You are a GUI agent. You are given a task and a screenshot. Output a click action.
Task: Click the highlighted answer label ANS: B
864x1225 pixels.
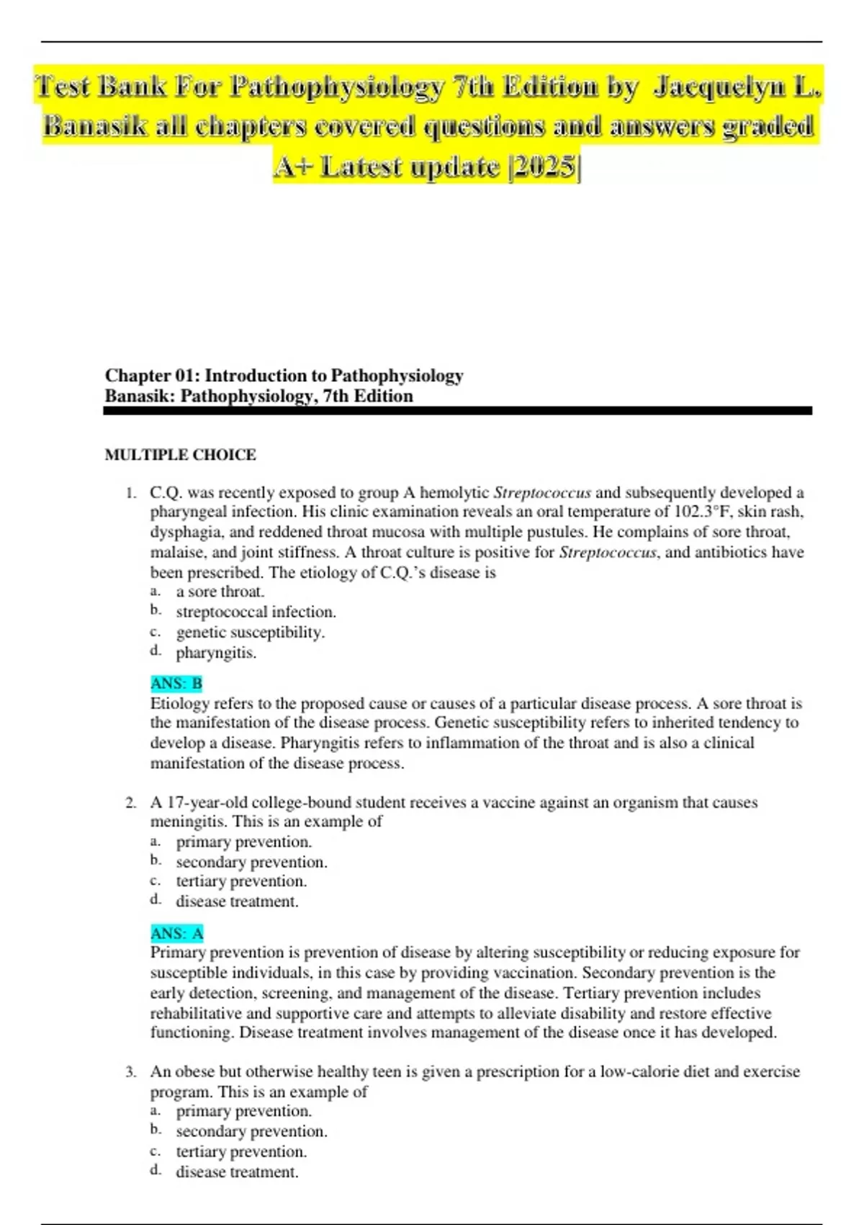pos(176,683)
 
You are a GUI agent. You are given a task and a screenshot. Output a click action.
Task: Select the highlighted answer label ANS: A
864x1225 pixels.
pos(177,933)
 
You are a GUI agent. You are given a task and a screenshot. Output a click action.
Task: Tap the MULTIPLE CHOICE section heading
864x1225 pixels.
pos(180,455)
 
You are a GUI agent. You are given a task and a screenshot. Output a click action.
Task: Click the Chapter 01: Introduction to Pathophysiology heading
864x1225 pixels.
pos(284,375)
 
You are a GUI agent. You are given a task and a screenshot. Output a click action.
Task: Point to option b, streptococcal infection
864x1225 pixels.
pos(256,612)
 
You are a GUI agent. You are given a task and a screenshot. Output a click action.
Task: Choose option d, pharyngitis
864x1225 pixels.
pos(216,653)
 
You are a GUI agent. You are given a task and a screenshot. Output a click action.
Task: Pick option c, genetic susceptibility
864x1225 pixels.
pos(250,632)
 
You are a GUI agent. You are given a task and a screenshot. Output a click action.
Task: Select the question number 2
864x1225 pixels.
pos(130,803)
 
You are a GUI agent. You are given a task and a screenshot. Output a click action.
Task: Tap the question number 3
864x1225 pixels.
pos(130,1072)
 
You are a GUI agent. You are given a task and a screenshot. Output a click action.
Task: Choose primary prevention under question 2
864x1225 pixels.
pos(243,842)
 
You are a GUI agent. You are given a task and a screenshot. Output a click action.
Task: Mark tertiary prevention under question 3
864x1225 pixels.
pos(241,1151)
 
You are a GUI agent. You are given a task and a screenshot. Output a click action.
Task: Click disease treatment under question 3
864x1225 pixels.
pos(237,1172)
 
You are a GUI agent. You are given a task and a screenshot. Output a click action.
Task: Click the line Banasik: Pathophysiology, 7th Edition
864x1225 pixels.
pos(258,396)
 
